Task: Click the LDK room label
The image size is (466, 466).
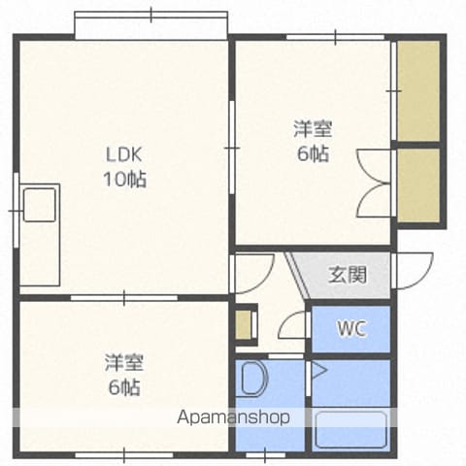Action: pos(124,154)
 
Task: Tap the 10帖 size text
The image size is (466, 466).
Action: pos(125,179)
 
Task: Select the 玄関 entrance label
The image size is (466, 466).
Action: pos(348,275)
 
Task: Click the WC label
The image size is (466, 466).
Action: pos(351,328)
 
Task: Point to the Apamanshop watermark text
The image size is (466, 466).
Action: pos(233,416)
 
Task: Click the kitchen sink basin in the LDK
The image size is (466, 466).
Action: pos(40,205)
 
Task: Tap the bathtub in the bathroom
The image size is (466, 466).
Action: pos(351,430)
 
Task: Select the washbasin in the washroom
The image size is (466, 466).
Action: pos(255,379)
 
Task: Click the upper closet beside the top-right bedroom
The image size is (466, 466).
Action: pos(418,90)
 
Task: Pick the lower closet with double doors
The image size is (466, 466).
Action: pos(418,185)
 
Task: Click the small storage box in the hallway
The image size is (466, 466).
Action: pos(244,325)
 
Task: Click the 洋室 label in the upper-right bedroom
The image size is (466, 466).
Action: pos(313,128)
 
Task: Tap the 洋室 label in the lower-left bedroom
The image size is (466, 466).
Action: pos(123,362)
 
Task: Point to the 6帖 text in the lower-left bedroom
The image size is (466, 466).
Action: pos(124,386)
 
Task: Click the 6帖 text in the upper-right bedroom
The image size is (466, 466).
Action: pos(313,153)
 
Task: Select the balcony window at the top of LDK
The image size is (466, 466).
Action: pos(151,26)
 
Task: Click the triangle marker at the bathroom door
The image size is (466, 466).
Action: pos(319,371)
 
